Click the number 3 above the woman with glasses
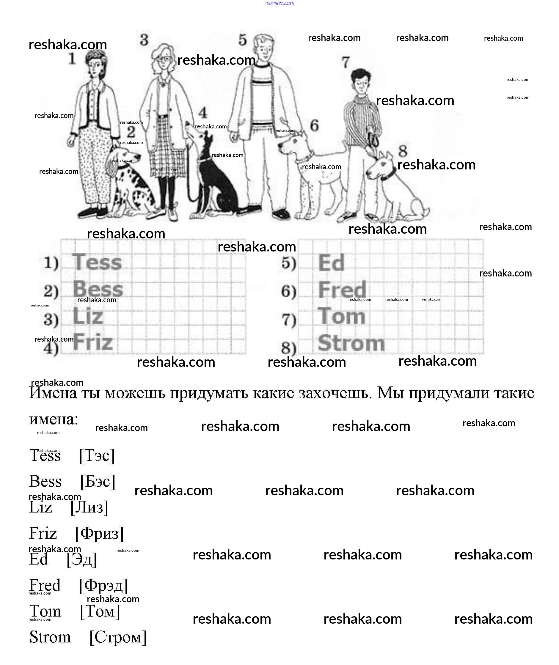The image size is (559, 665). pyautogui.click(x=144, y=40)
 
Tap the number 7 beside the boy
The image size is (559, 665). pyautogui.click(x=346, y=62)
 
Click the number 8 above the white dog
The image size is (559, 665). pyautogui.click(x=403, y=151)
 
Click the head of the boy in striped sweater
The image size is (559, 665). pyautogui.click(x=361, y=81)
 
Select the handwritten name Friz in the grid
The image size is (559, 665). pyautogui.click(x=93, y=342)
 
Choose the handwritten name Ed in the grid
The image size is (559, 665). pyautogui.click(x=331, y=263)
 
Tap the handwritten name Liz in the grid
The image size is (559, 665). pyautogui.click(x=88, y=316)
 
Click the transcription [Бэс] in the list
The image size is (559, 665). pyautogui.click(x=98, y=482)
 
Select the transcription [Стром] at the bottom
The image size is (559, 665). pyautogui.click(x=118, y=637)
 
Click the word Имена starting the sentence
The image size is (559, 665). pyautogui.click(x=53, y=393)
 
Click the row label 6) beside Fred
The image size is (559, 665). pyautogui.click(x=289, y=291)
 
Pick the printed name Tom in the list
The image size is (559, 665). pyautogui.click(x=45, y=611)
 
